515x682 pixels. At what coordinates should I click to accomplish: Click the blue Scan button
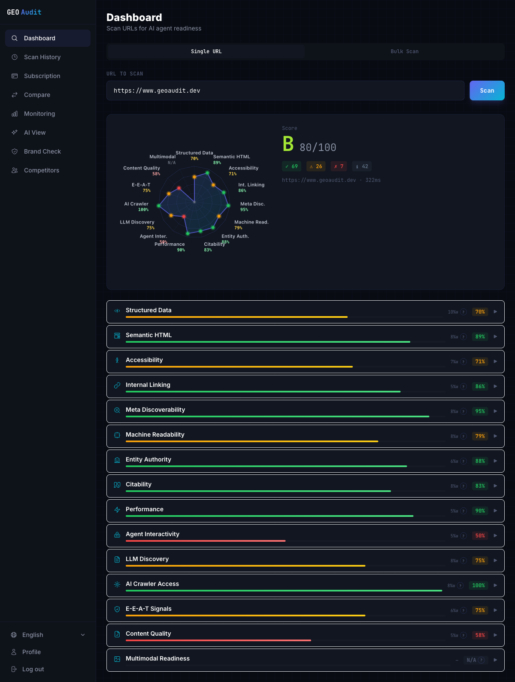(x=487, y=91)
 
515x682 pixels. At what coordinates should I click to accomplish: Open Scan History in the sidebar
(x=42, y=57)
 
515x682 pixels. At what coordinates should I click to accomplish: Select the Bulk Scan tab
(x=404, y=51)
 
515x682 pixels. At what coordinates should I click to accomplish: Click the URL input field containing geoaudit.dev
(x=285, y=91)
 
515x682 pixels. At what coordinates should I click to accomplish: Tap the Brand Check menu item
(x=42, y=151)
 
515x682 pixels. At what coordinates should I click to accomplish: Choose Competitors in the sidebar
(x=41, y=170)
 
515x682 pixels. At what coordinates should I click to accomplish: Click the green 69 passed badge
(x=292, y=166)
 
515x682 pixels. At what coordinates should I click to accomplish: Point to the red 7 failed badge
(x=339, y=166)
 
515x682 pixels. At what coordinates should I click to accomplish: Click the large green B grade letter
(x=288, y=144)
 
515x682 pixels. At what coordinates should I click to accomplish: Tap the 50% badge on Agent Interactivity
(x=480, y=536)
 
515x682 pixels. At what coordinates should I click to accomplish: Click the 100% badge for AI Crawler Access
(x=478, y=585)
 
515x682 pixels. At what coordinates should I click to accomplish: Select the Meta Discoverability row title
(x=155, y=410)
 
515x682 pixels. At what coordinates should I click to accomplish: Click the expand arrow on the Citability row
(x=495, y=486)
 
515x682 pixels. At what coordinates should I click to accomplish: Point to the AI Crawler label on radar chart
(x=136, y=204)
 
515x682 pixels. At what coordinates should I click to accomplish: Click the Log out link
(x=33, y=669)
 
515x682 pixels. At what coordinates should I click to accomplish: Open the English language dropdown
(x=47, y=635)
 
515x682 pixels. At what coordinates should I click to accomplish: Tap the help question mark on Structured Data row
(x=463, y=312)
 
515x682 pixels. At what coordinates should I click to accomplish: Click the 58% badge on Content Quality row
(x=480, y=635)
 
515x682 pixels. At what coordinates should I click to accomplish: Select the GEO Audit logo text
(x=24, y=12)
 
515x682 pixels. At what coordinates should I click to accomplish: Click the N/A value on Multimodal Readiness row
(x=471, y=660)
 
